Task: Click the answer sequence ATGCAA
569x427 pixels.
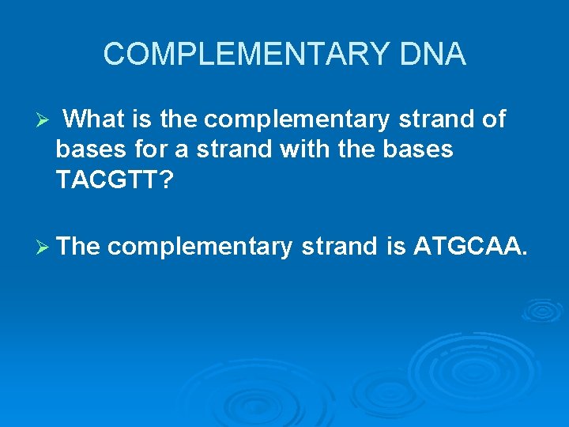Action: pyautogui.click(x=469, y=247)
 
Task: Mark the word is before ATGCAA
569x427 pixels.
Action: pyautogui.click(x=396, y=247)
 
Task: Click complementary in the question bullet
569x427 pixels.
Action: pyautogui.click(x=296, y=121)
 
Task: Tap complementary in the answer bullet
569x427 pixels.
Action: pyautogui.click(x=201, y=248)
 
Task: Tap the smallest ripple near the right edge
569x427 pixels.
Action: pyautogui.click(x=542, y=310)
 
